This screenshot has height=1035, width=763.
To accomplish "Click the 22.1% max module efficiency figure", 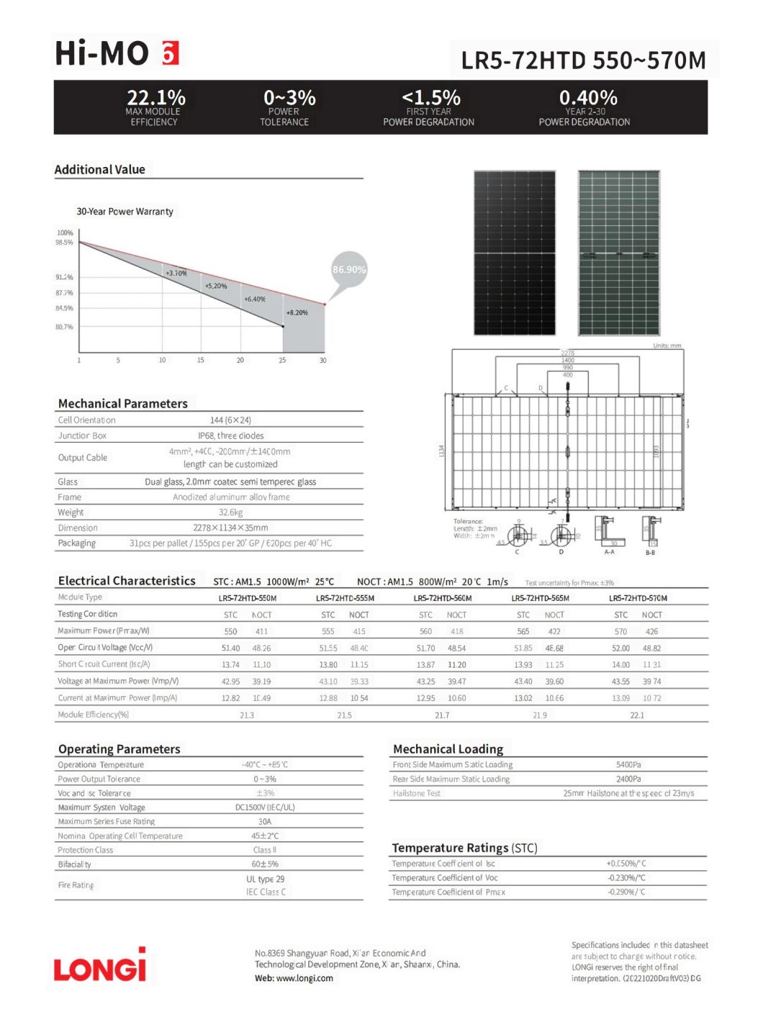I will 155,97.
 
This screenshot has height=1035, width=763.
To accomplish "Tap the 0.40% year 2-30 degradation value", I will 587,97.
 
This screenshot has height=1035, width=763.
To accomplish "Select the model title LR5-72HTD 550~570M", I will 583,60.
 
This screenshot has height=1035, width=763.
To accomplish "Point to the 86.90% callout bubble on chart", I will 349,270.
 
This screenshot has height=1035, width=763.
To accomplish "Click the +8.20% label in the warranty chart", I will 297,313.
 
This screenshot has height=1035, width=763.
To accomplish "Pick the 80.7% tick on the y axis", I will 64,327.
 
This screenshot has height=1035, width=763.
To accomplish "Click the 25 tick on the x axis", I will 282,360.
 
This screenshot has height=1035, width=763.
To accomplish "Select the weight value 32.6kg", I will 230,512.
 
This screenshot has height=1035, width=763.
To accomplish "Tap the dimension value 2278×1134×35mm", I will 230,528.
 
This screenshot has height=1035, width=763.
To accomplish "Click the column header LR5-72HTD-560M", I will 442,598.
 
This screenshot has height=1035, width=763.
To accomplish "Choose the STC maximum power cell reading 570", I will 620,631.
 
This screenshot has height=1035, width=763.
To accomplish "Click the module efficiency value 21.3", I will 247,715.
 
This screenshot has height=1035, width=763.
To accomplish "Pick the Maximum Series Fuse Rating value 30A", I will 265,821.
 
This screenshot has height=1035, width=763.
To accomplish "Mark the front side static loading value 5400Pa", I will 628,764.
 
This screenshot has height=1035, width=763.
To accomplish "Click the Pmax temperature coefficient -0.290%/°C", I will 626,892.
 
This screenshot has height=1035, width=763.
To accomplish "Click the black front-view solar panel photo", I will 514,253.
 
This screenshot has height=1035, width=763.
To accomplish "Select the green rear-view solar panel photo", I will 619,253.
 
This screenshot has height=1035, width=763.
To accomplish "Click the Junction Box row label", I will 82,435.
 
